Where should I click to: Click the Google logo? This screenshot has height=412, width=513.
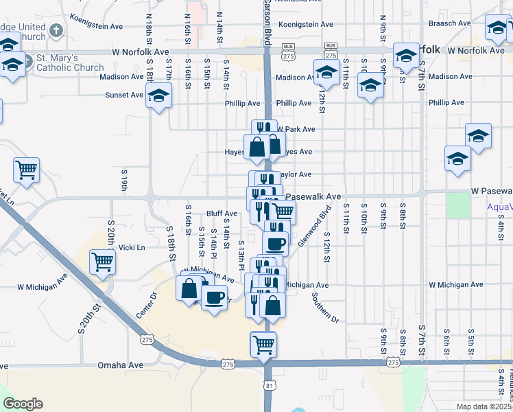[23, 404]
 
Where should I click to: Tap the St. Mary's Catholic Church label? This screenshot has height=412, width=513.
[71, 62]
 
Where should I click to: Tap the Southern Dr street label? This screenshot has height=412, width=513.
[325, 308]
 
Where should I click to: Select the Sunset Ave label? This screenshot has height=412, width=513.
[123, 95]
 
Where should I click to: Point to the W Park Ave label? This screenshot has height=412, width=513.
[296, 129]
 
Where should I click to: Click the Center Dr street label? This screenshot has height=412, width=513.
[146, 304]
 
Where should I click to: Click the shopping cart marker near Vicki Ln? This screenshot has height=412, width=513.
[102, 260]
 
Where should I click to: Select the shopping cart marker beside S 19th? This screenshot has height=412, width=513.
[26, 169]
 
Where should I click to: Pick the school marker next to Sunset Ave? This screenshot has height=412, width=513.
[158, 98]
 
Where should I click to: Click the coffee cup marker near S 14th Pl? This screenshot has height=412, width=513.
[214, 298]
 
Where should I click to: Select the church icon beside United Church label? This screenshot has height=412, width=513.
[56, 31]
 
